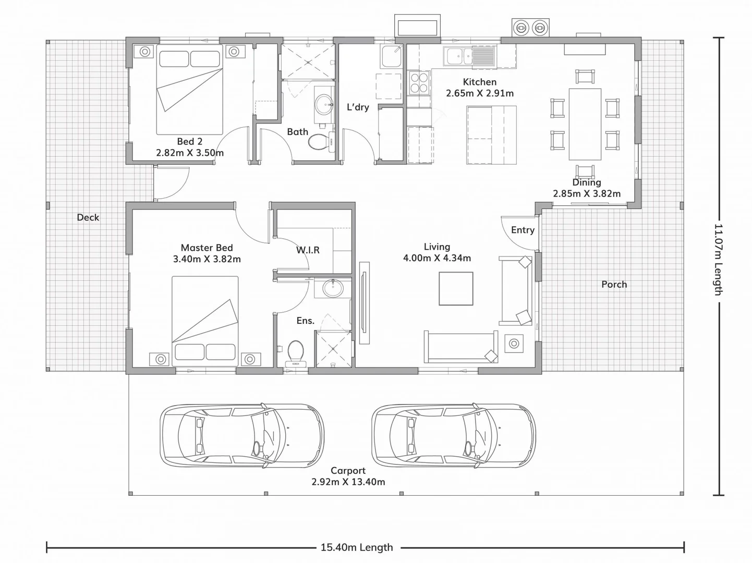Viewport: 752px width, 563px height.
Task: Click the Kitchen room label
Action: point(479,82)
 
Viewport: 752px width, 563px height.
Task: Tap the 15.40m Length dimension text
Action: point(357,547)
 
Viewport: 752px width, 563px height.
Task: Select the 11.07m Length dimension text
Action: point(718,260)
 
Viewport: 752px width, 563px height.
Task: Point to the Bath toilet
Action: point(318,141)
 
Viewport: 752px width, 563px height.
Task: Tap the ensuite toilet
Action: point(296,352)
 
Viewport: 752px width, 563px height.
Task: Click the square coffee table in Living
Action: point(456,289)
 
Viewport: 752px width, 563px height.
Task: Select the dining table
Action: point(585,124)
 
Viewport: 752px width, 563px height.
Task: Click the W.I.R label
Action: point(308,250)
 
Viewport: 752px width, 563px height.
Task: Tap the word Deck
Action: point(88,217)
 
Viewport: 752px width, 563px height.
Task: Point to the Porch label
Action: point(614,284)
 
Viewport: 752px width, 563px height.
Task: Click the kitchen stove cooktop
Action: point(419,83)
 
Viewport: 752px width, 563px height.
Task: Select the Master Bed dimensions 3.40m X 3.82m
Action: point(207,259)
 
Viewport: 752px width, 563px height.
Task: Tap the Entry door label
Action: point(523,230)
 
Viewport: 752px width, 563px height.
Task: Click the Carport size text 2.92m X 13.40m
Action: point(348,482)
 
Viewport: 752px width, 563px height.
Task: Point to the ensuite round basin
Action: point(332,287)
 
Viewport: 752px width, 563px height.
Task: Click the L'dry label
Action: point(358,107)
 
